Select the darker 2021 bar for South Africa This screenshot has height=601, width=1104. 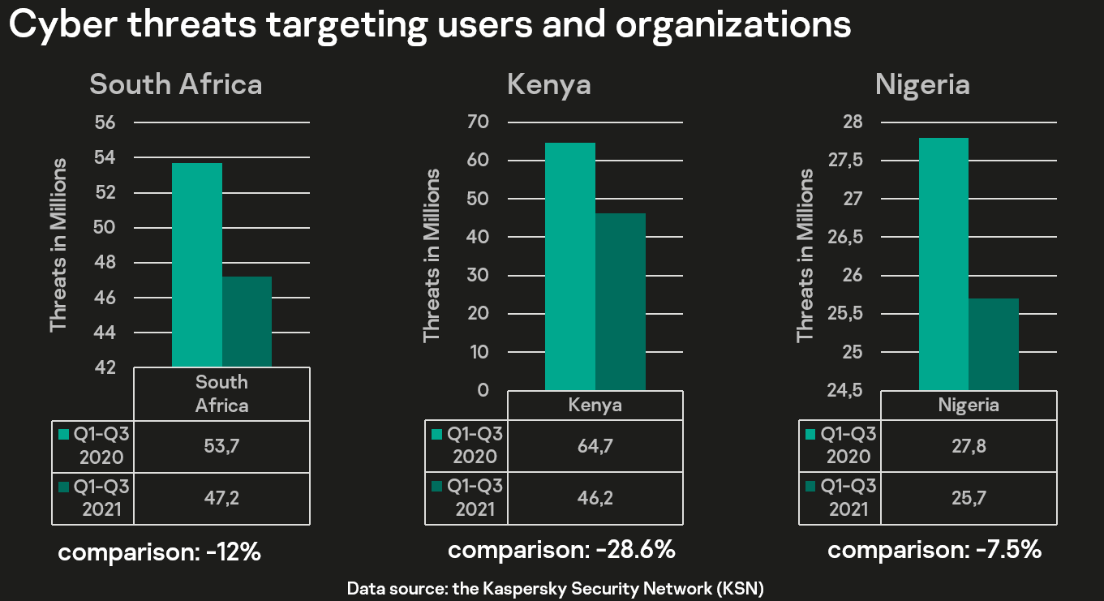[247, 322]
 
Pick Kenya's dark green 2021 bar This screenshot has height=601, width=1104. [621, 302]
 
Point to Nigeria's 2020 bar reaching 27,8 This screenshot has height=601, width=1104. [943, 264]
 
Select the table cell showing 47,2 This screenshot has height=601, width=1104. [221, 497]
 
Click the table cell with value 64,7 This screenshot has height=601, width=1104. [595, 445]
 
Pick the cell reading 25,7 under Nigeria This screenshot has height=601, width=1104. [969, 497]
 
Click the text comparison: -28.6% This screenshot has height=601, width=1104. [561, 550]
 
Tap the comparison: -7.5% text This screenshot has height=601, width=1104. [934, 550]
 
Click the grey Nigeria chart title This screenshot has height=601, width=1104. [922, 85]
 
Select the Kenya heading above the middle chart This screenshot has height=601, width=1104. [549, 85]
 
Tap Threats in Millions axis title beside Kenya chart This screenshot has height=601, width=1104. [432, 255]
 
